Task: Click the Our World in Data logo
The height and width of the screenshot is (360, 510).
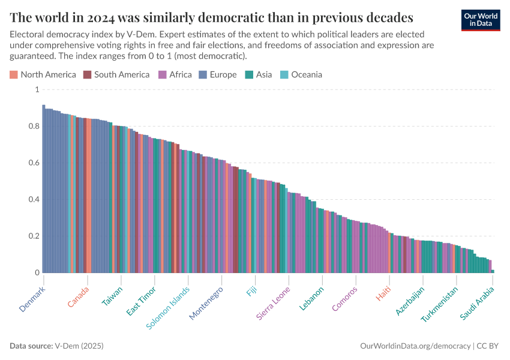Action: [x=480, y=20]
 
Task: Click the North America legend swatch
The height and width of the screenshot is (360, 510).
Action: [x=14, y=75]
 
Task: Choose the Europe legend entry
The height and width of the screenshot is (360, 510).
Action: [x=218, y=75]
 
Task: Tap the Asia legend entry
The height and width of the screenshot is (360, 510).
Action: [x=259, y=75]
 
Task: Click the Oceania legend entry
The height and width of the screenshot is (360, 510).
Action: [x=301, y=75]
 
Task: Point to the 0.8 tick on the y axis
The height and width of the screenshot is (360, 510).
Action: [x=34, y=126]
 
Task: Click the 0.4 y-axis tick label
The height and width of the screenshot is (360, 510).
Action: [x=34, y=200]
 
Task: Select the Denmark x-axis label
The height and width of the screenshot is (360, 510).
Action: [x=32, y=298]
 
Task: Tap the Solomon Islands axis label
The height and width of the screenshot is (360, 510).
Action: [x=169, y=307]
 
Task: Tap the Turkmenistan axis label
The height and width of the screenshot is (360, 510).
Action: [x=440, y=304]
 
